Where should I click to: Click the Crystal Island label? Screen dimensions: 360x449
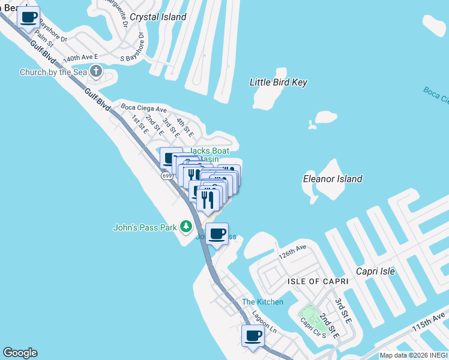coord(158,17)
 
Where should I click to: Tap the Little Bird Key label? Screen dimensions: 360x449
coord(278,82)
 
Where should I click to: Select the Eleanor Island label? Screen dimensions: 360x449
coord(332,179)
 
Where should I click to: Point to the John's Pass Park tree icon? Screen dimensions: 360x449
coord(186,227)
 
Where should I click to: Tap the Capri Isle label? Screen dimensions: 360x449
coord(375,271)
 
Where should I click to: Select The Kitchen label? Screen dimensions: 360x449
coord(262,302)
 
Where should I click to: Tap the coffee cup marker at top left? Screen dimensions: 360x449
coord(28,17)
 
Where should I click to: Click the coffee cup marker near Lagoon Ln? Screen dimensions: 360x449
coord(253,335)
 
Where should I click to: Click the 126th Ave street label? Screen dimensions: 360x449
coord(292,251)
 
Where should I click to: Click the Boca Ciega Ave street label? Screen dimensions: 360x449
coord(143,109)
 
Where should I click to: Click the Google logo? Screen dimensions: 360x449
coord(20,353)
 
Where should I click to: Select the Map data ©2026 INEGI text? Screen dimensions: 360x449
coord(413,355)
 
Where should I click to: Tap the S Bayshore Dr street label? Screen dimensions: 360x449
coord(142,46)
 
